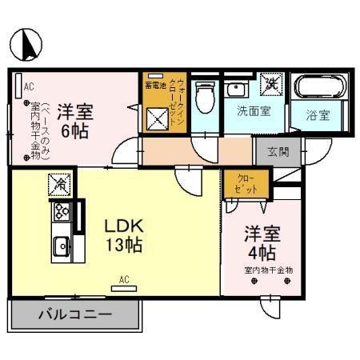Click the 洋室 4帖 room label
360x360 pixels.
(x=261, y=244)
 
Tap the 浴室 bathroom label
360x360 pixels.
(x=318, y=114)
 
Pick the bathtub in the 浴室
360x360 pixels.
(x=320, y=86)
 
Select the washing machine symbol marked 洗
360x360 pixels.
(x=272, y=81)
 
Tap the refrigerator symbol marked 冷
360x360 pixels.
(x=60, y=184)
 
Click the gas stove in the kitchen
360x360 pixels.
(x=62, y=212)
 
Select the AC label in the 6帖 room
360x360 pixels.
(x=28, y=86)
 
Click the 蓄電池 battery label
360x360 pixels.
(x=154, y=84)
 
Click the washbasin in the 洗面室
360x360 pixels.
(x=236, y=88)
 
